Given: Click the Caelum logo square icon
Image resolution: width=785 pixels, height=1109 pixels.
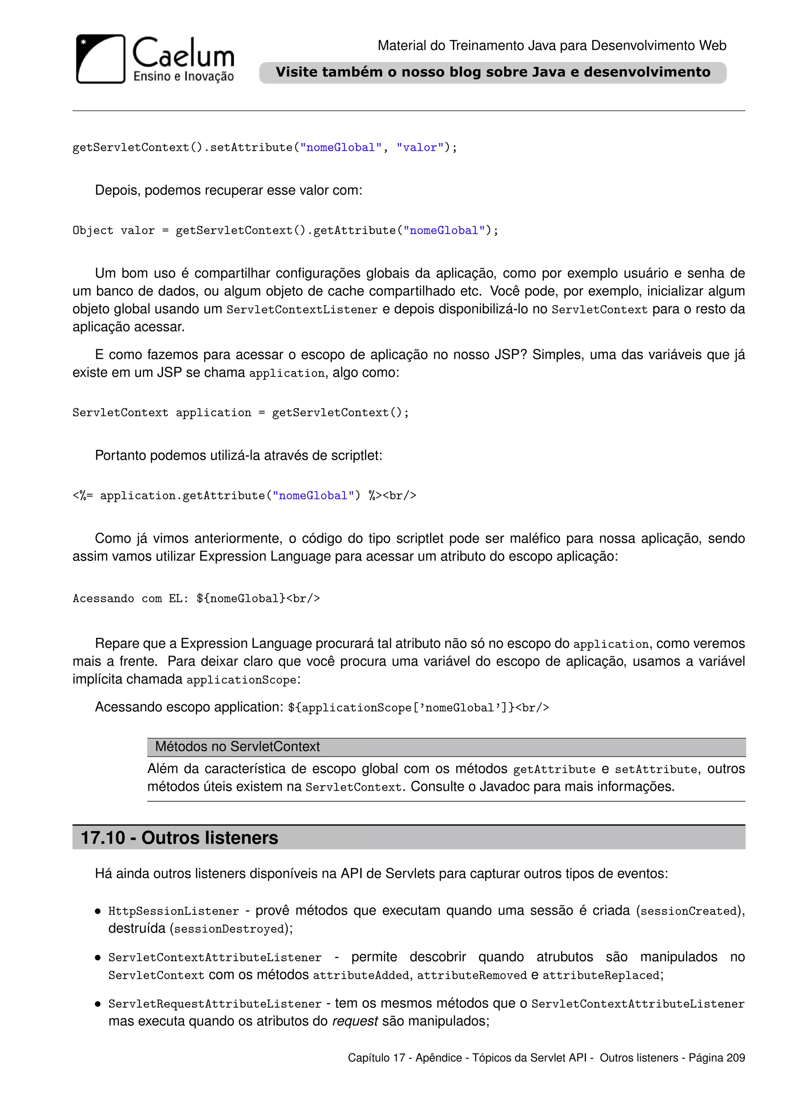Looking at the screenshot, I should (x=100, y=59).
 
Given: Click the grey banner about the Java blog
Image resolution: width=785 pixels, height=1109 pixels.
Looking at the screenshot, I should (x=493, y=72).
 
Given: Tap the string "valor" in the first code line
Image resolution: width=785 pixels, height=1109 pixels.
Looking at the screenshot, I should (x=420, y=148).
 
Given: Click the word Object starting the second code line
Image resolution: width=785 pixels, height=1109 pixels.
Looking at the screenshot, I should (x=92, y=231).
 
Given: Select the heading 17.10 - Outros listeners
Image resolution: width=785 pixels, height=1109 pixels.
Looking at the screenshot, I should (x=179, y=837).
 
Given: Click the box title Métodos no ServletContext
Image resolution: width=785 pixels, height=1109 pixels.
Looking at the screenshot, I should (x=237, y=747).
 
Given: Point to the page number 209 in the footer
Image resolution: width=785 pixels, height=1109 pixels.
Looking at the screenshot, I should (x=735, y=1058).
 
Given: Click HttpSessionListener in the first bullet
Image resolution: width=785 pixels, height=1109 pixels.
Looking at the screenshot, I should (x=174, y=911).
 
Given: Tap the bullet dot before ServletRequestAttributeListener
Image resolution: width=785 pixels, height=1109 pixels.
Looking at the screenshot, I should (x=98, y=1004).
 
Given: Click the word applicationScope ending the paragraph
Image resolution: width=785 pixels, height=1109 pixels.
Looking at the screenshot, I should (x=241, y=680).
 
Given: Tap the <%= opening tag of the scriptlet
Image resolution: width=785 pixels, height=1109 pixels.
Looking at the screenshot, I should (x=83, y=496).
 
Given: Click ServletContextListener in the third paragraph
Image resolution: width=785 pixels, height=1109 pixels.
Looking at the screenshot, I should (x=302, y=310).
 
